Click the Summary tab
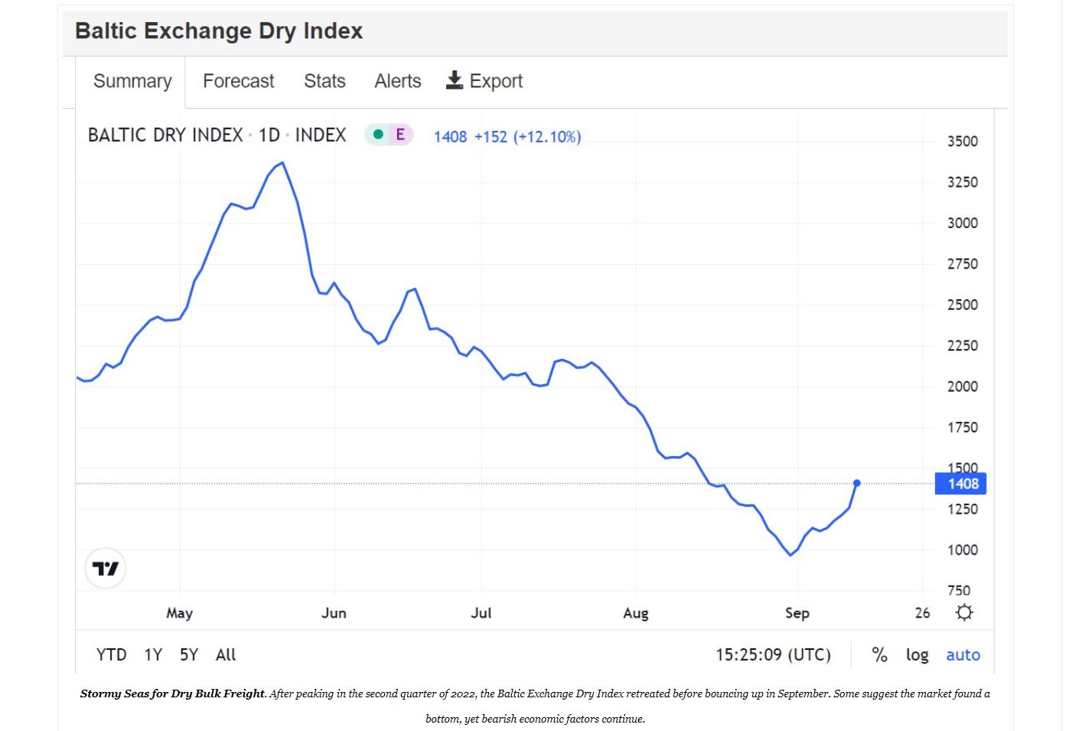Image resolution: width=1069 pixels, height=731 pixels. pyautogui.click(x=132, y=81)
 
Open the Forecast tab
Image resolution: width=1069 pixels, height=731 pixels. pyautogui.click(x=238, y=81)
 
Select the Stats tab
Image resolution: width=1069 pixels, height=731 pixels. pyautogui.click(x=324, y=81)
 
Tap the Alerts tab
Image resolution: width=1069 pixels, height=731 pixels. pyautogui.click(x=397, y=81)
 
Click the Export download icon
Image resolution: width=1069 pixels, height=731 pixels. pyautogui.click(x=455, y=80)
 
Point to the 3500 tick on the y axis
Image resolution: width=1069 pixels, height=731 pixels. pyautogui.click(x=962, y=142)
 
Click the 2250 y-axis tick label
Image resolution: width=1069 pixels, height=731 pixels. pyautogui.click(x=962, y=346)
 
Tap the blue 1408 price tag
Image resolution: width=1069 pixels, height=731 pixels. pyautogui.click(x=961, y=484)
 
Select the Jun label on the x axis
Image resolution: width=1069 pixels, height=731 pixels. pyautogui.click(x=334, y=613)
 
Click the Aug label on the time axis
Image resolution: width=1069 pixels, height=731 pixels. pyautogui.click(x=635, y=613)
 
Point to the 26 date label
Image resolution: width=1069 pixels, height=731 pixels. pyautogui.click(x=922, y=613)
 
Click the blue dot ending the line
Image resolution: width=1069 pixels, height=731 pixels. pyautogui.click(x=856, y=483)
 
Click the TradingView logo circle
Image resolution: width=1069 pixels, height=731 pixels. pyautogui.click(x=106, y=569)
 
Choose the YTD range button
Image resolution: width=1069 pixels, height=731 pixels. pyautogui.click(x=111, y=655)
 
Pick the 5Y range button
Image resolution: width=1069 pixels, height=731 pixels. pyautogui.click(x=188, y=655)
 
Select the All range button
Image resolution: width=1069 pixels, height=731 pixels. pyautogui.click(x=226, y=655)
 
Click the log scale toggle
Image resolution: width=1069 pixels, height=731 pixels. pyautogui.click(x=917, y=655)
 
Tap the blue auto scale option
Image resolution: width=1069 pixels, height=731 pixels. pyautogui.click(x=963, y=655)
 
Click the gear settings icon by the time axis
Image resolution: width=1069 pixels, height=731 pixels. pyautogui.click(x=964, y=612)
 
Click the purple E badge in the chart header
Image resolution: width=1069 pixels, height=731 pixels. pyautogui.click(x=399, y=135)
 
